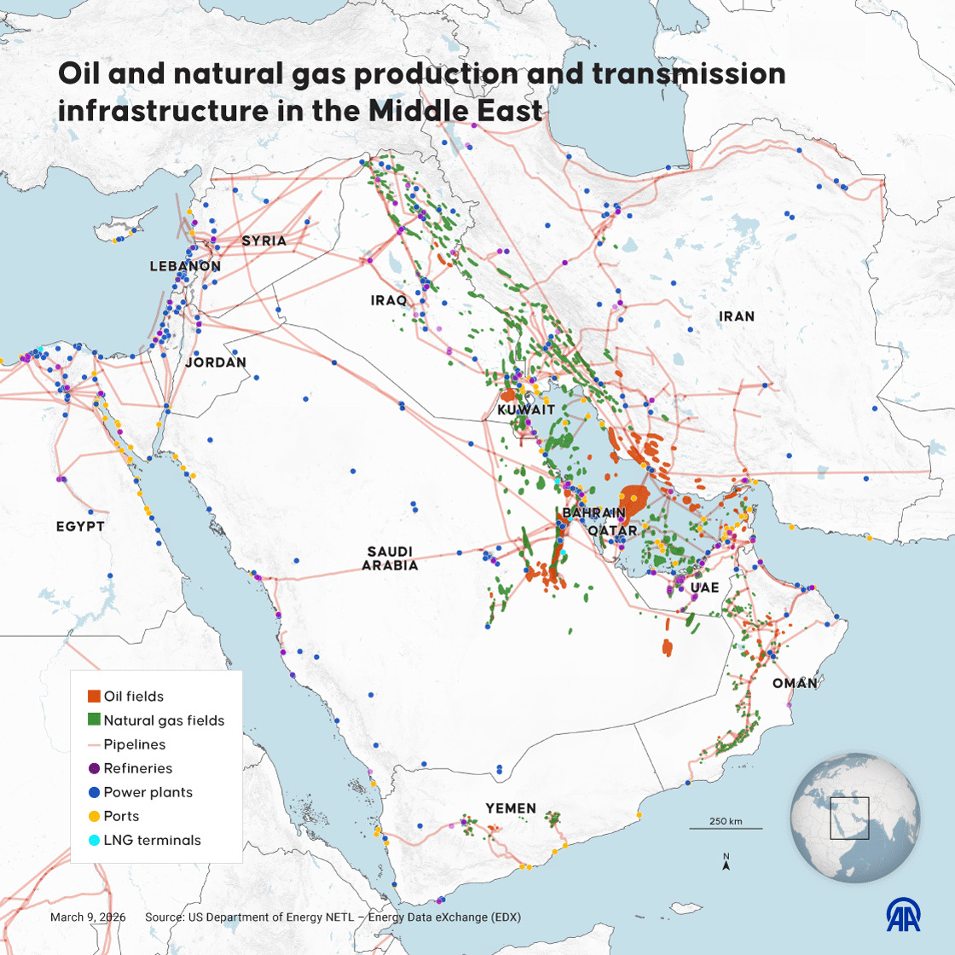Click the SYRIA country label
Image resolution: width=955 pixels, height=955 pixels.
tap(263, 241)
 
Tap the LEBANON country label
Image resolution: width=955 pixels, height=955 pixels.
tap(185, 266)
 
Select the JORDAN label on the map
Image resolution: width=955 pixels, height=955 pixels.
tap(216, 362)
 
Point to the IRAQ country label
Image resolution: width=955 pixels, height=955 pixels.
tap(389, 301)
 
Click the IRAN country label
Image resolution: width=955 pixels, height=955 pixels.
tap(737, 316)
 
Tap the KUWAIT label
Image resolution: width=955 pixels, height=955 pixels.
tap(526, 410)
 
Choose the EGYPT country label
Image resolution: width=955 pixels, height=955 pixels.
tap(80, 527)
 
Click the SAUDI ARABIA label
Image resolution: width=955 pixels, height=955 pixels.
tap(390, 559)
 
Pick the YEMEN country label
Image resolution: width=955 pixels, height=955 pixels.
tap(511, 808)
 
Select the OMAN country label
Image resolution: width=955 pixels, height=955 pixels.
tap(795, 684)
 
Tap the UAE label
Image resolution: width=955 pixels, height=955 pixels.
tap(704, 587)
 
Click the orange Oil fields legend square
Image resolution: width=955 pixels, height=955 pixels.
tap(95, 697)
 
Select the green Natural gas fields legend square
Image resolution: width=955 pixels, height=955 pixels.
tap(95, 721)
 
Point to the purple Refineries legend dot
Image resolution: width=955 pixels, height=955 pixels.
tap(95, 768)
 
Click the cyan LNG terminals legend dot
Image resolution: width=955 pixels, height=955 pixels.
tap(95, 840)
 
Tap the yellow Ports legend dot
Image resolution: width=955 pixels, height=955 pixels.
tap(95, 816)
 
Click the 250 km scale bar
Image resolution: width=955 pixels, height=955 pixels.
tap(726, 827)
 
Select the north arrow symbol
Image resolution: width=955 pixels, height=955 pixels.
tap(726, 864)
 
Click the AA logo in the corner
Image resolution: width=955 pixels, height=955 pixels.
tap(903, 915)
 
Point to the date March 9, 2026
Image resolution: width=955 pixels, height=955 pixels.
tap(88, 917)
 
